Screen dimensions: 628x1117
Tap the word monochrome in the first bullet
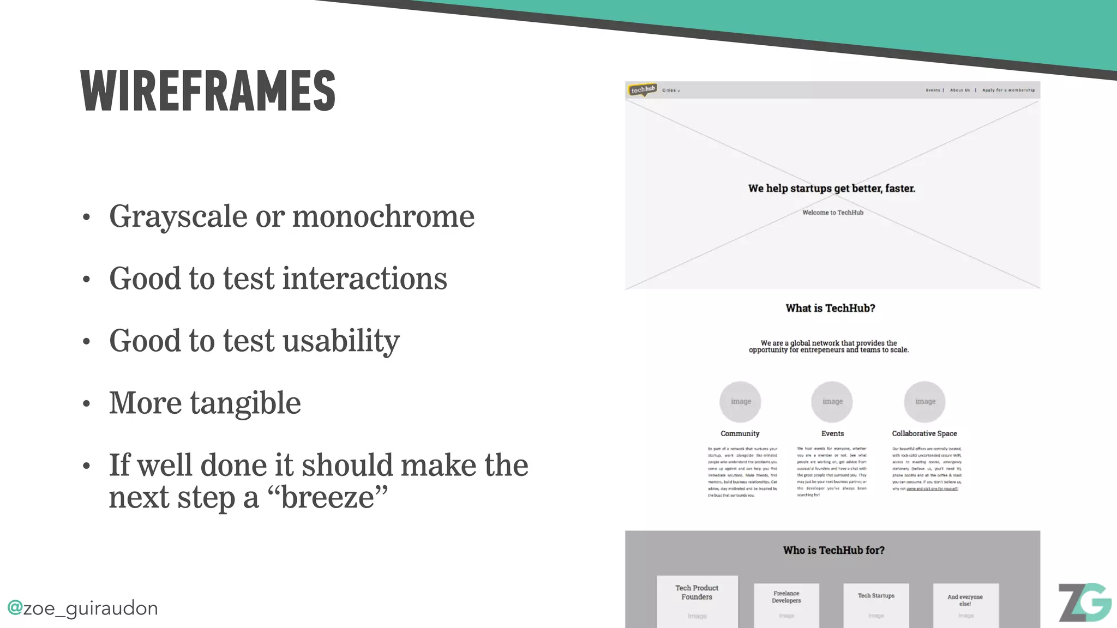tap(383, 216)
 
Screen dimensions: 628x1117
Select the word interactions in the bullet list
tap(365, 279)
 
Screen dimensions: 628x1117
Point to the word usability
tap(341, 341)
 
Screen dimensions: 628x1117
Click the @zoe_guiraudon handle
tap(82, 608)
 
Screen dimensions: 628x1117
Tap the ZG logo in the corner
tap(1084, 602)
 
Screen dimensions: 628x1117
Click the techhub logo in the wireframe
tap(642, 90)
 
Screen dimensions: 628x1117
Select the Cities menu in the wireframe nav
tap(671, 90)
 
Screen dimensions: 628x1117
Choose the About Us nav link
tap(960, 90)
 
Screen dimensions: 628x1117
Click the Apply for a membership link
tap(1008, 90)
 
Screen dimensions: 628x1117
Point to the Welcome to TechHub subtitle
tap(832, 213)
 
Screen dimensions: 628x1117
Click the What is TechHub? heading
tap(830, 309)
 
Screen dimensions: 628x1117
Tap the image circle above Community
tap(740, 402)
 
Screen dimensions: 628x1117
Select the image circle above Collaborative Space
tap(924, 402)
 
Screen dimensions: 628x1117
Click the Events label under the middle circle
tap(832, 433)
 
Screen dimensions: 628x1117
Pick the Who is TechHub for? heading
tap(833, 551)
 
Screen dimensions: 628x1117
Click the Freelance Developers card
tap(786, 602)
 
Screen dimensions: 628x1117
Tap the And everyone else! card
tap(965, 602)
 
